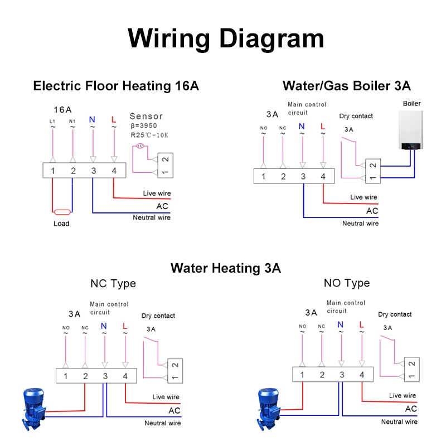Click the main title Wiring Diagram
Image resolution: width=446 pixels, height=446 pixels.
click(226, 39)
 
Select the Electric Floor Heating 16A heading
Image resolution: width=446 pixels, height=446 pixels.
click(116, 86)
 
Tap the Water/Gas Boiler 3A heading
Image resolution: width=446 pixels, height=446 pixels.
click(346, 86)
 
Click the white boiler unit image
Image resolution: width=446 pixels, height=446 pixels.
click(411, 130)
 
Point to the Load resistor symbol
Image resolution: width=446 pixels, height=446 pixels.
click(62, 212)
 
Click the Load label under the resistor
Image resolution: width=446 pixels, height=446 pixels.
click(61, 224)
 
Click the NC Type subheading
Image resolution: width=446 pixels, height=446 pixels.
click(113, 283)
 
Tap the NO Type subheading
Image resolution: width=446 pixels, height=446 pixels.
click(347, 283)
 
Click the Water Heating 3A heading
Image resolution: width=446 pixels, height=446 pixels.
click(226, 268)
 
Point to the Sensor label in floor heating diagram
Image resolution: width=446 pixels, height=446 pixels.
click(146, 116)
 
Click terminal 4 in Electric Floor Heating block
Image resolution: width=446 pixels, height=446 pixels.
click(114, 171)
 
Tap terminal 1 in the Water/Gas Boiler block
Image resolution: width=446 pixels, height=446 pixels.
click(263, 176)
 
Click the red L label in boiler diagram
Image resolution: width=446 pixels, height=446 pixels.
click(323, 127)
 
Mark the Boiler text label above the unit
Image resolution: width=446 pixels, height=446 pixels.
click(411, 104)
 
